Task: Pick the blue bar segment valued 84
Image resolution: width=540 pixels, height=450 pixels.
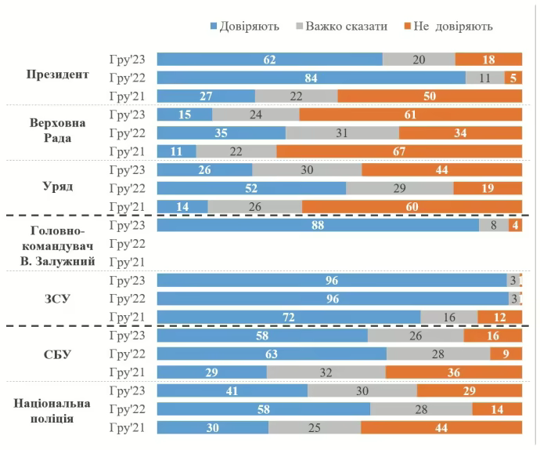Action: point(311,78)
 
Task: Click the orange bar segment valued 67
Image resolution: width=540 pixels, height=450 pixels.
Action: point(399,151)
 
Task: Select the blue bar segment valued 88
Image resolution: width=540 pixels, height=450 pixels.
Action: point(318,225)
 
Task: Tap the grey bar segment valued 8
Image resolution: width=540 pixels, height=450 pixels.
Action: point(494,225)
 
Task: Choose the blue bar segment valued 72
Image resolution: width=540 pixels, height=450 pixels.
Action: point(289,317)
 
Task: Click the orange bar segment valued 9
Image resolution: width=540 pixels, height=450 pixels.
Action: point(506,354)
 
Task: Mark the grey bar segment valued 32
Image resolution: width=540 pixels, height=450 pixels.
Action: point(326,372)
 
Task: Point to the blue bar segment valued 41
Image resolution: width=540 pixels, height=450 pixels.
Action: point(232,390)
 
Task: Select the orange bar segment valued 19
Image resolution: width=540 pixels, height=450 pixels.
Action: point(488,188)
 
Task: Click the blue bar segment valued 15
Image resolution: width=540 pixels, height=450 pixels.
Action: point(185,114)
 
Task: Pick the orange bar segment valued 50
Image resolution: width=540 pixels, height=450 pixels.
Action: point(430,96)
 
